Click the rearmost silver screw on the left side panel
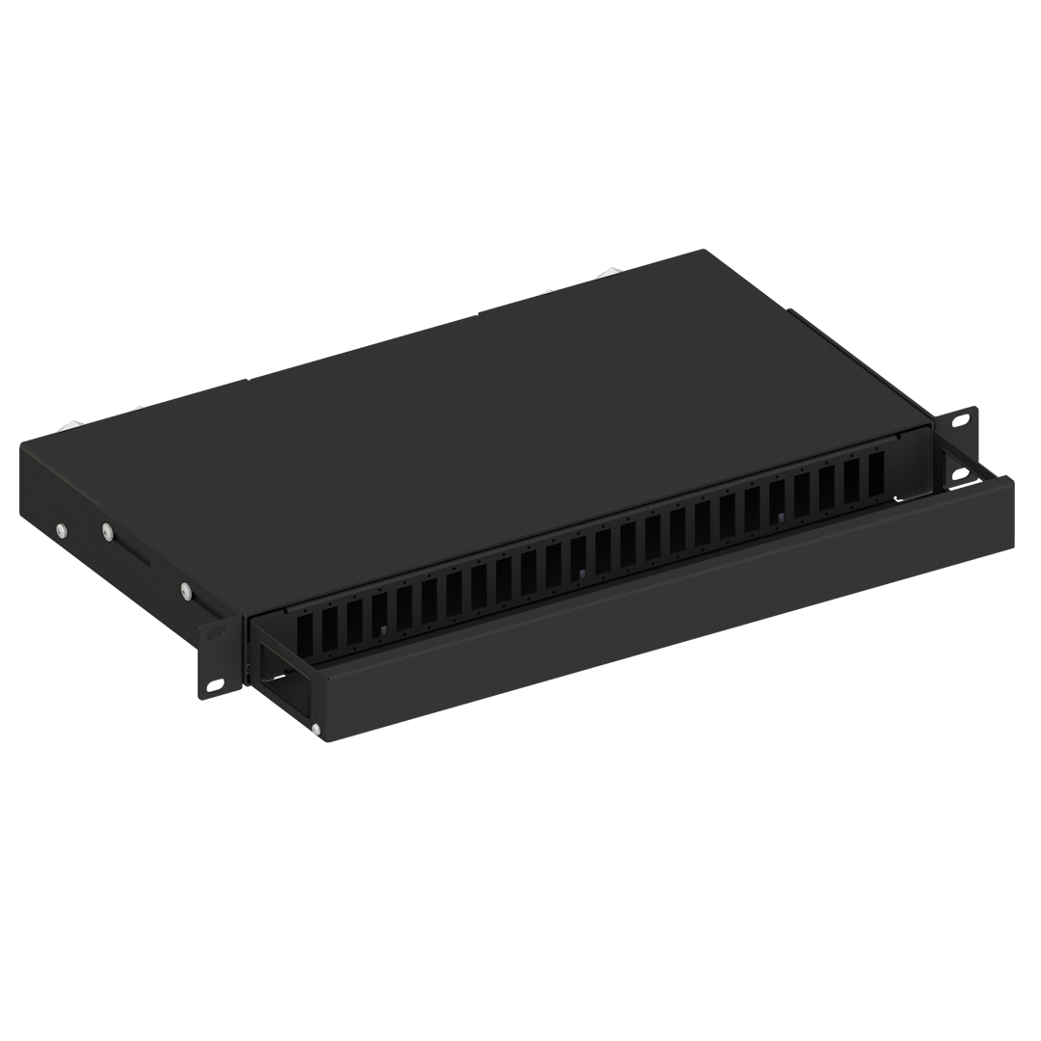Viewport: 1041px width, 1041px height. coord(61,529)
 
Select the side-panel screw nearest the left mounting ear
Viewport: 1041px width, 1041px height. coord(185,590)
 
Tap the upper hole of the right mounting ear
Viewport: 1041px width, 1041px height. coord(960,421)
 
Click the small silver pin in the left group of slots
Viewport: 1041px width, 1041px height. coord(382,631)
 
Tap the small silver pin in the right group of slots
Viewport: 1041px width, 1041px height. coord(780,520)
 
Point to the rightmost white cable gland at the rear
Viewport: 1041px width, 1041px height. coord(609,275)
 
